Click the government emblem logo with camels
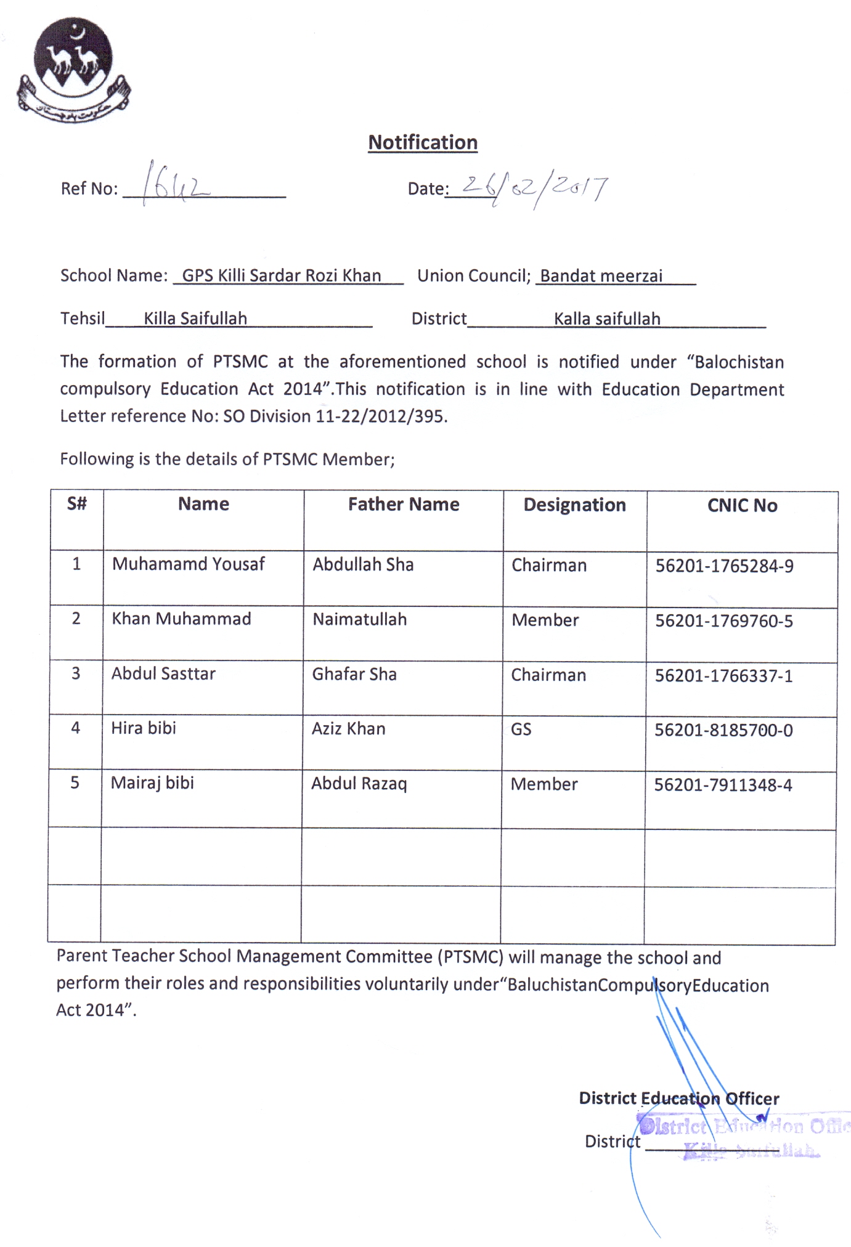(x=73, y=71)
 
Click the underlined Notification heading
(x=423, y=142)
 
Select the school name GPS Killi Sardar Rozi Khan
(x=282, y=275)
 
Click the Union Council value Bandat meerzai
(x=601, y=276)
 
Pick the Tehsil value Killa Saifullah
(x=195, y=319)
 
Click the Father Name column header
(x=404, y=505)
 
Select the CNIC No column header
(x=742, y=506)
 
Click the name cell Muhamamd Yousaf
(x=188, y=564)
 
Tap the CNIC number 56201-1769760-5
(x=724, y=621)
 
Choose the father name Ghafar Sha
(x=354, y=674)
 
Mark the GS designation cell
(x=521, y=729)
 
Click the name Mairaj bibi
(x=152, y=783)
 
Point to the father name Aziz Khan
(x=348, y=729)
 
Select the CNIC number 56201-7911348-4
(x=723, y=785)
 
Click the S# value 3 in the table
(x=76, y=673)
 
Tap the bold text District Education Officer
(x=678, y=1099)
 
